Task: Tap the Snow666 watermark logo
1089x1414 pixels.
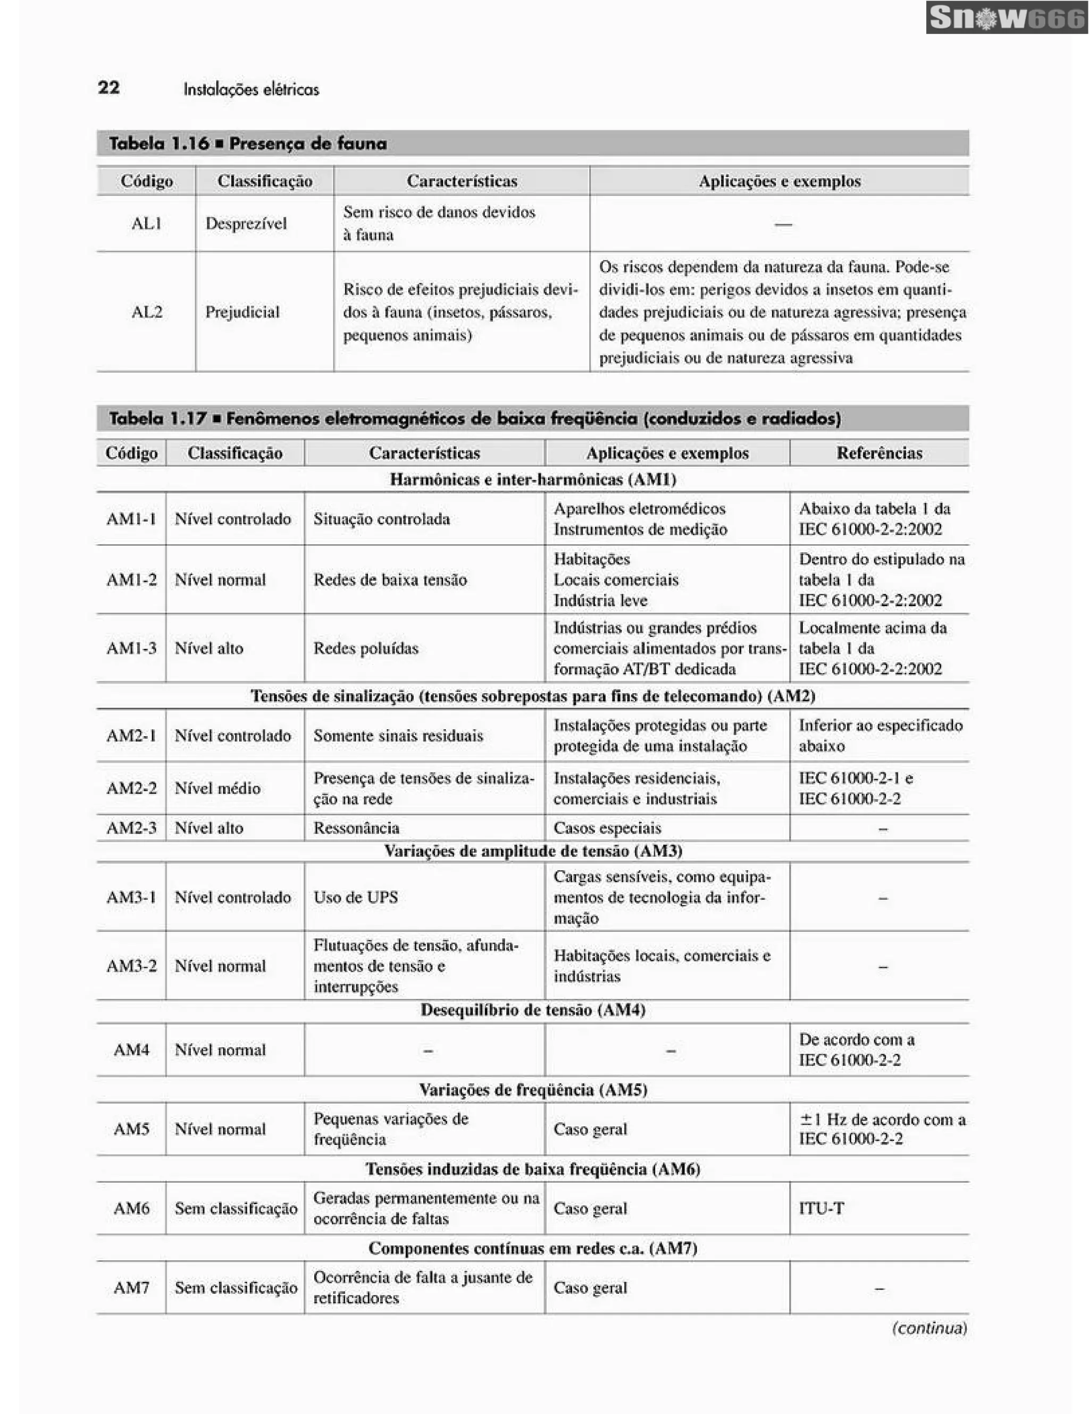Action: coord(1006,18)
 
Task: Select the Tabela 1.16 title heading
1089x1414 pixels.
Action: coord(247,144)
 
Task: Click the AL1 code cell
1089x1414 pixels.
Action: coord(146,223)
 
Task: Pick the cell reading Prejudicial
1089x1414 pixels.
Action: coord(243,312)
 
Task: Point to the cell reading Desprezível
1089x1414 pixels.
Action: coord(246,223)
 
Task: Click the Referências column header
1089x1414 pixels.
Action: coord(878,452)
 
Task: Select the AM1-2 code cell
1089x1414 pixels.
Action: coord(131,579)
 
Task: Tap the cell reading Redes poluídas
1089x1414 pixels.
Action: coord(366,648)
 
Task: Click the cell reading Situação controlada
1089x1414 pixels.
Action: coord(381,519)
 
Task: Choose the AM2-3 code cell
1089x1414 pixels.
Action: coord(131,828)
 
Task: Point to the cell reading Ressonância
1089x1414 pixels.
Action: coord(356,828)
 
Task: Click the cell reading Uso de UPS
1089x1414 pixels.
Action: coord(355,897)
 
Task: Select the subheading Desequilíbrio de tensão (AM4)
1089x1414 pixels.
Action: coord(532,1010)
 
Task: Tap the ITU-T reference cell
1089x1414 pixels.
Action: coord(822,1208)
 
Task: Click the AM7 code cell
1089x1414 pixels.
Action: coord(131,1287)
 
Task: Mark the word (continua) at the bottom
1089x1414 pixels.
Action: coord(929,1328)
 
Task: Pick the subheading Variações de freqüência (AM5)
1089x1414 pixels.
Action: coord(532,1090)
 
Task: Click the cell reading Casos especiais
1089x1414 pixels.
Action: coord(607,828)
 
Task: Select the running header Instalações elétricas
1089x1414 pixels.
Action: coord(251,89)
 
